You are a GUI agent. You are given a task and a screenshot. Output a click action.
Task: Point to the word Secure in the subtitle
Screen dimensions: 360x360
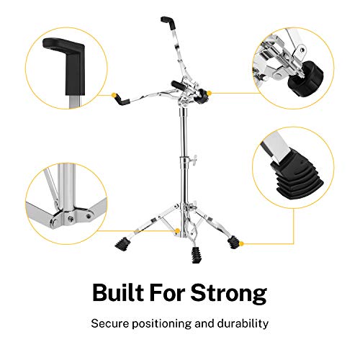(x=109, y=323)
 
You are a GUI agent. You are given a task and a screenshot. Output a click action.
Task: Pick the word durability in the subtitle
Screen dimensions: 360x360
(x=240, y=323)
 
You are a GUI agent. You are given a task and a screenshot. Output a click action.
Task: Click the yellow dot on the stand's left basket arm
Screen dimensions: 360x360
(x=116, y=94)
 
